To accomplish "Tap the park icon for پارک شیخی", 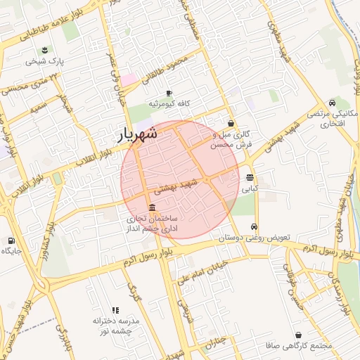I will pyautogui.click(x=45, y=49).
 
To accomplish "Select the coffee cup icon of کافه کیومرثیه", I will pyautogui.click(x=169, y=93).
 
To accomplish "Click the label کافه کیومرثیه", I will pyautogui.click(x=169, y=104).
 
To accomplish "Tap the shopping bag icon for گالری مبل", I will pyautogui.click(x=231, y=123).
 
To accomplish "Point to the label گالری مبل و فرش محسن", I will pyautogui.click(x=231, y=139).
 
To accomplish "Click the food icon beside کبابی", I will pyautogui.click(x=250, y=177).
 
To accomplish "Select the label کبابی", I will pyautogui.click(x=250, y=188).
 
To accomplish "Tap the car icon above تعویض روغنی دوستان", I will pyautogui.click(x=254, y=227).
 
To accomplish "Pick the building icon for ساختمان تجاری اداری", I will pyautogui.click(x=153, y=207).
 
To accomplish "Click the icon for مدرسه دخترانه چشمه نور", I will pyautogui.click(x=116, y=310).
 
